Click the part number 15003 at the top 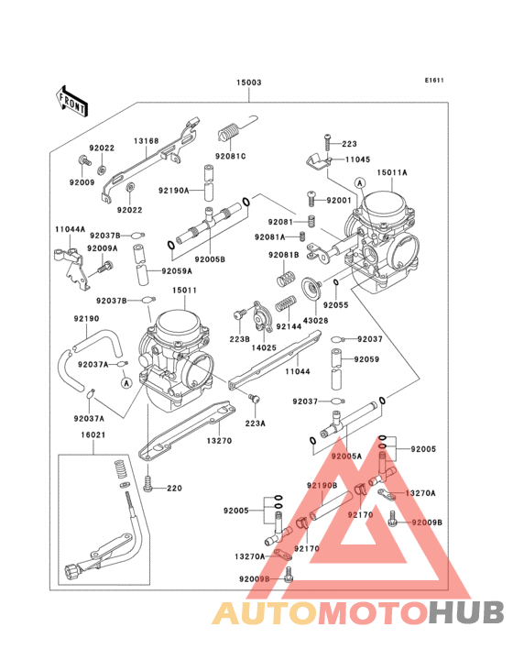pos(249,82)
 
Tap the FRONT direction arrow pos(72,99)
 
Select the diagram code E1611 pos(433,80)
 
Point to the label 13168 pos(146,141)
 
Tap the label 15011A pos(392,171)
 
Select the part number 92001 pos(340,199)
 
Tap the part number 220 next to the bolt pos(174,489)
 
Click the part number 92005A pos(347,455)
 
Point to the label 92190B pos(322,484)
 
